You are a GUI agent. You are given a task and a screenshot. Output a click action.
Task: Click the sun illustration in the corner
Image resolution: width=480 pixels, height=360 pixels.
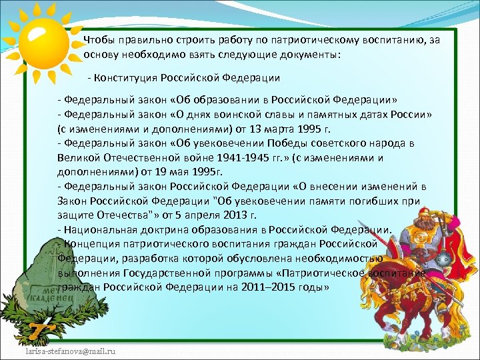(x=41, y=39)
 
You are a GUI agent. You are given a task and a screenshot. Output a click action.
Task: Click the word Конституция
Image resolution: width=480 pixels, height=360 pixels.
(x=126, y=77)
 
